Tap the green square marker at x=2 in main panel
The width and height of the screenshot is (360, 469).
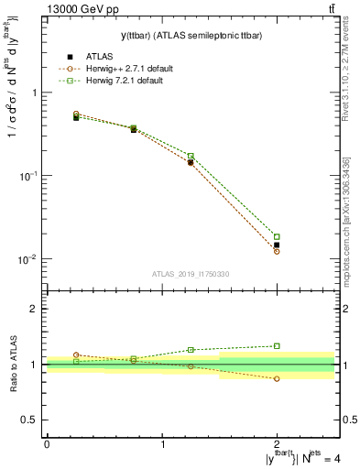coord(277,236)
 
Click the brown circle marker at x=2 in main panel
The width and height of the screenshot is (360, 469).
coord(277,251)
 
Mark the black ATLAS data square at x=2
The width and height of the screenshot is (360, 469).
coord(277,245)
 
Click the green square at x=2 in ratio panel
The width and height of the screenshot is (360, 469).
coord(277,346)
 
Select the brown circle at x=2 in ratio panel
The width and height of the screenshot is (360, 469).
coord(277,378)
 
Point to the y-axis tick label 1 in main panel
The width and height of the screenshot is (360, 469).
coord(35,93)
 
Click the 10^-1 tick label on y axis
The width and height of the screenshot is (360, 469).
coord(29,175)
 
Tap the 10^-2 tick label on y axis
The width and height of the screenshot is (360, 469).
coord(29,258)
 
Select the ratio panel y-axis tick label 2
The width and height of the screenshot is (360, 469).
coord(35,310)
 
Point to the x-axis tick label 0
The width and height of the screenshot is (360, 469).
coord(47,443)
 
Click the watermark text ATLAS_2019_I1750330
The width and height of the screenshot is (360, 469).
coord(190,274)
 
